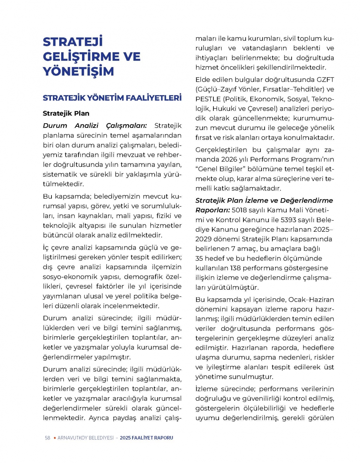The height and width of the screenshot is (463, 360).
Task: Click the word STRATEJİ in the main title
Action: (73, 42)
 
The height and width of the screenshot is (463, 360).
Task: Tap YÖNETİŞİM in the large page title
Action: (78, 71)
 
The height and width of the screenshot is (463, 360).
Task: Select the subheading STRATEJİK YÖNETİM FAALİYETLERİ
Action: (112, 98)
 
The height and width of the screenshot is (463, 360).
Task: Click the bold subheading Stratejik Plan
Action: (66, 113)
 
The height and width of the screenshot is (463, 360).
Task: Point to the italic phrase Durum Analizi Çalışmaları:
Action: (95, 126)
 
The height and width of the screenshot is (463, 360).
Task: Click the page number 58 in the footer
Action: (48, 438)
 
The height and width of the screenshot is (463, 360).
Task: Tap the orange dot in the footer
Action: (55, 438)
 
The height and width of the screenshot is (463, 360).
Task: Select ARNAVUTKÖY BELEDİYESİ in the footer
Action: (85, 438)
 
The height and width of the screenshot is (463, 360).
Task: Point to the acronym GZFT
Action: (325, 80)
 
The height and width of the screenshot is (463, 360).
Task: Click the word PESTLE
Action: (208, 99)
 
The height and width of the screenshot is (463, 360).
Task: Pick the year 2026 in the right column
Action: (229, 159)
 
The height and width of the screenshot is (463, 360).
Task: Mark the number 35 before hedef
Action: (199, 258)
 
